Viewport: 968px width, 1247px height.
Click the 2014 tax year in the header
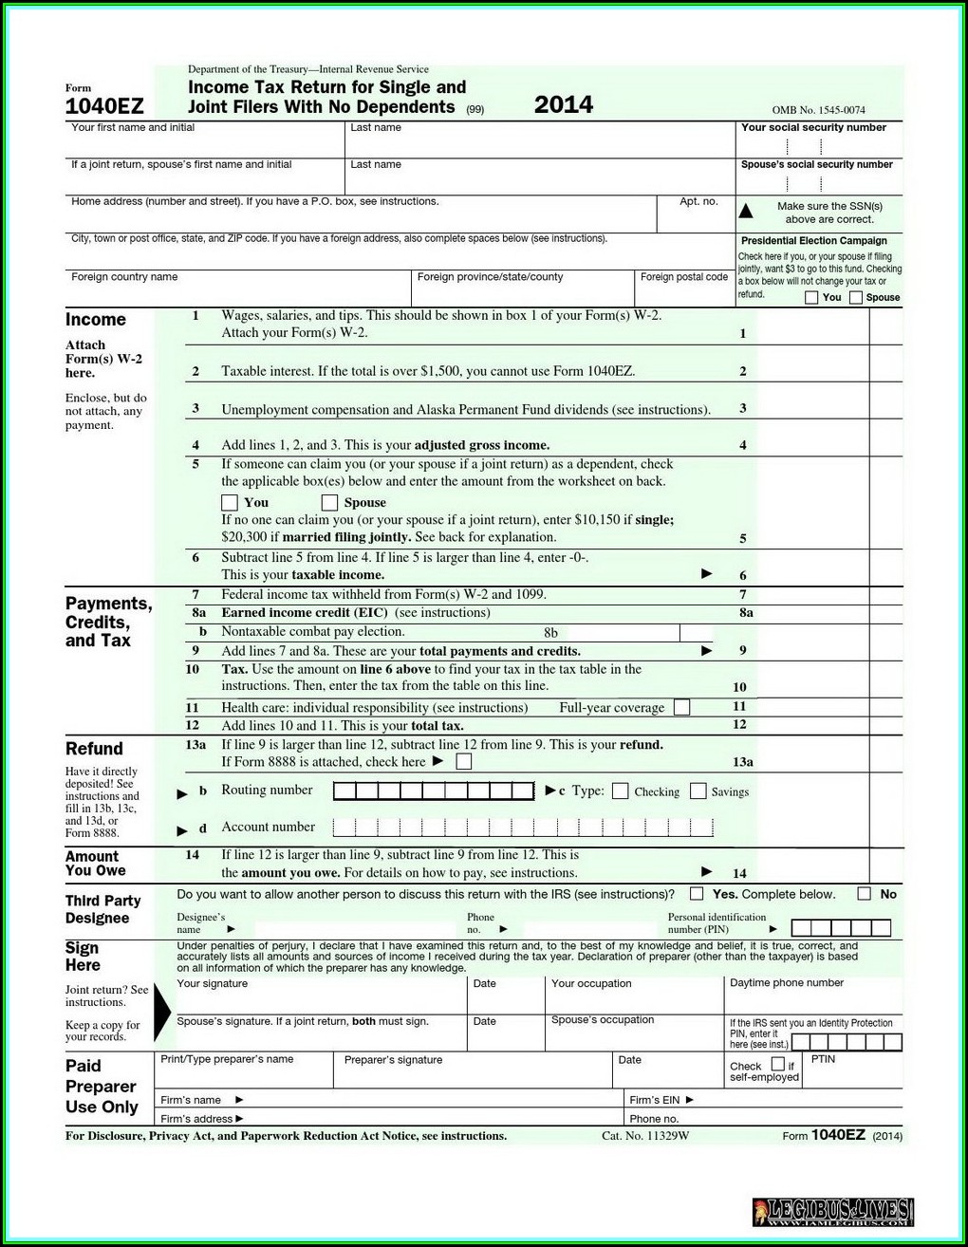click(563, 104)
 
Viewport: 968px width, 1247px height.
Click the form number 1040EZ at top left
click(104, 105)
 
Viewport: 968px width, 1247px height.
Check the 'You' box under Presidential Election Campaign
click(811, 298)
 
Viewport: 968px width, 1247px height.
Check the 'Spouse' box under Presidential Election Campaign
click(856, 298)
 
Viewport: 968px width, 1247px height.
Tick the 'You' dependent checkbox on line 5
click(230, 502)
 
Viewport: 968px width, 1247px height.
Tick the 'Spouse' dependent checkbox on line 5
click(329, 502)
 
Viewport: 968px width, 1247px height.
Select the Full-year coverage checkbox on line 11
click(681, 707)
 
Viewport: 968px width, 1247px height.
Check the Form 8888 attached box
click(463, 761)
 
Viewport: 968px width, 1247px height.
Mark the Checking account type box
click(621, 791)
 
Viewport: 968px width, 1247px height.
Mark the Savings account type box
click(698, 791)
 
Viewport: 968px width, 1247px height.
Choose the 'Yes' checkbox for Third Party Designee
click(697, 894)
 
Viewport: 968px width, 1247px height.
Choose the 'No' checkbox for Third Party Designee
click(864, 894)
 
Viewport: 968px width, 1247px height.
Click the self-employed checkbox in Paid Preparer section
click(778, 1064)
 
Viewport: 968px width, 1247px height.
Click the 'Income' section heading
click(95, 320)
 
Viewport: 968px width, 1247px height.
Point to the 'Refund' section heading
click(94, 749)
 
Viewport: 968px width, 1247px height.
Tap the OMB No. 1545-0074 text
click(818, 110)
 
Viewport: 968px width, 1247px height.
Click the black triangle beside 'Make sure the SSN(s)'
click(746, 212)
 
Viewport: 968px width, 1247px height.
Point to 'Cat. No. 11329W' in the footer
click(645, 1136)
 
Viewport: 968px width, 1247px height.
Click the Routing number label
click(267, 791)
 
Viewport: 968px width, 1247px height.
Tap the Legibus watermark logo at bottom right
click(832, 1212)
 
